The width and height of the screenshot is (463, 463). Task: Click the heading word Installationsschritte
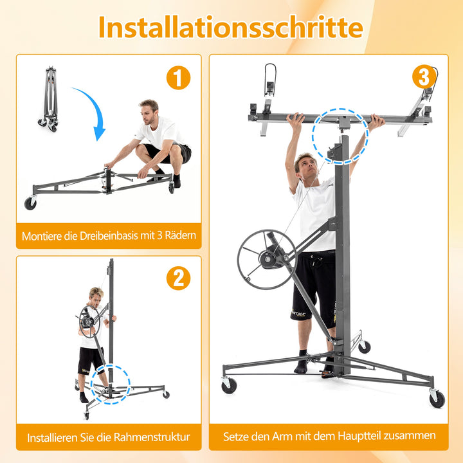click(x=231, y=27)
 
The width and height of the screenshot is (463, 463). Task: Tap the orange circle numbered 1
click(x=178, y=78)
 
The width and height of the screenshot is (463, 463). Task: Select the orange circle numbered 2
click(x=178, y=278)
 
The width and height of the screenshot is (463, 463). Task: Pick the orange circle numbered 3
click(x=424, y=77)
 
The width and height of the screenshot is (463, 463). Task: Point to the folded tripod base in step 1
click(x=49, y=99)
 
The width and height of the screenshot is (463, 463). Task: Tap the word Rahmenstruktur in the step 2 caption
click(x=152, y=437)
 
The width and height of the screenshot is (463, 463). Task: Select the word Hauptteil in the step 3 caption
click(x=359, y=436)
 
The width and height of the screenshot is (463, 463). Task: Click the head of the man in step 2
click(x=96, y=296)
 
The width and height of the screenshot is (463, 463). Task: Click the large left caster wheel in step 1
click(x=30, y=203)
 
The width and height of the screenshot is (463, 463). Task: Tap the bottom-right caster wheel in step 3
click(x=437, y=399)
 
